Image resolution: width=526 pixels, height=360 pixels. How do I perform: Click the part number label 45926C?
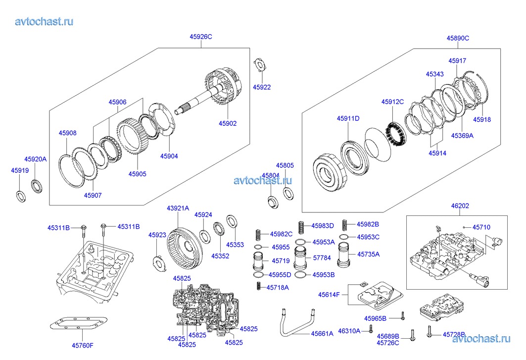click(x=201, y=36)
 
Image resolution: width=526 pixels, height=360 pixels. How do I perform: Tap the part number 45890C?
click(x=458, y=38)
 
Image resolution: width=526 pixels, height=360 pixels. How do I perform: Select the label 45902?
click(x=228, y=124)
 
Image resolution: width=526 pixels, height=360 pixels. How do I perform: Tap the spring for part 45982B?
click(x=347, y=224)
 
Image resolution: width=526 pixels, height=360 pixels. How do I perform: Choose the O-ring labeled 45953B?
click(x=300, y=275)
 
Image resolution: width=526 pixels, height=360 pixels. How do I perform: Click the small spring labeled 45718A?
click(x=258, y=286)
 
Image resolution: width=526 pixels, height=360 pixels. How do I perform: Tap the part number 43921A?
click(x=178, y=208)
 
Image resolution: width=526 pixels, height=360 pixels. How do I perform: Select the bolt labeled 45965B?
click(x=403, y=317)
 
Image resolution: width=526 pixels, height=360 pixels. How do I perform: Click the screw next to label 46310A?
click(x=370, y=330)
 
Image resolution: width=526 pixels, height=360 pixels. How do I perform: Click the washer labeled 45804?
click(x=272, y=202)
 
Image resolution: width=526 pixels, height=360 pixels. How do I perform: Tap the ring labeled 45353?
click(x=231, y=220)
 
